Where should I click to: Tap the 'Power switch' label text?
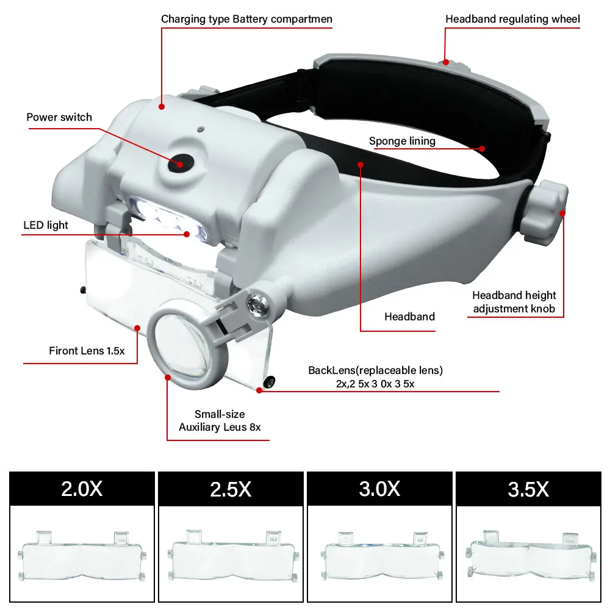point(59,117)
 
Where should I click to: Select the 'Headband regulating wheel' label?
point(512,19)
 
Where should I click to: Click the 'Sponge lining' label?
point(402,141)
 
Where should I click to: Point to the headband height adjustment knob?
point(544,212)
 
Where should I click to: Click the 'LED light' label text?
point(46,225)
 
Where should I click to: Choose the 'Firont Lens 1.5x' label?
point(87,351)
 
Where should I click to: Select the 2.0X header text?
point(82,489)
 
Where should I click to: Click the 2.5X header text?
point(231,489)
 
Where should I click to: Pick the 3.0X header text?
point(379,489)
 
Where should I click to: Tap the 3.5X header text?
point(528,489)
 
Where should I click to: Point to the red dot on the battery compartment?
point(162,107)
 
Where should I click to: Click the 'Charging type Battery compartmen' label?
point(246,19)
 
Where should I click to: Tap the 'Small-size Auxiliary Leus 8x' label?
point(220,420)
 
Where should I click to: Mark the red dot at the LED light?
point(187,234)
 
